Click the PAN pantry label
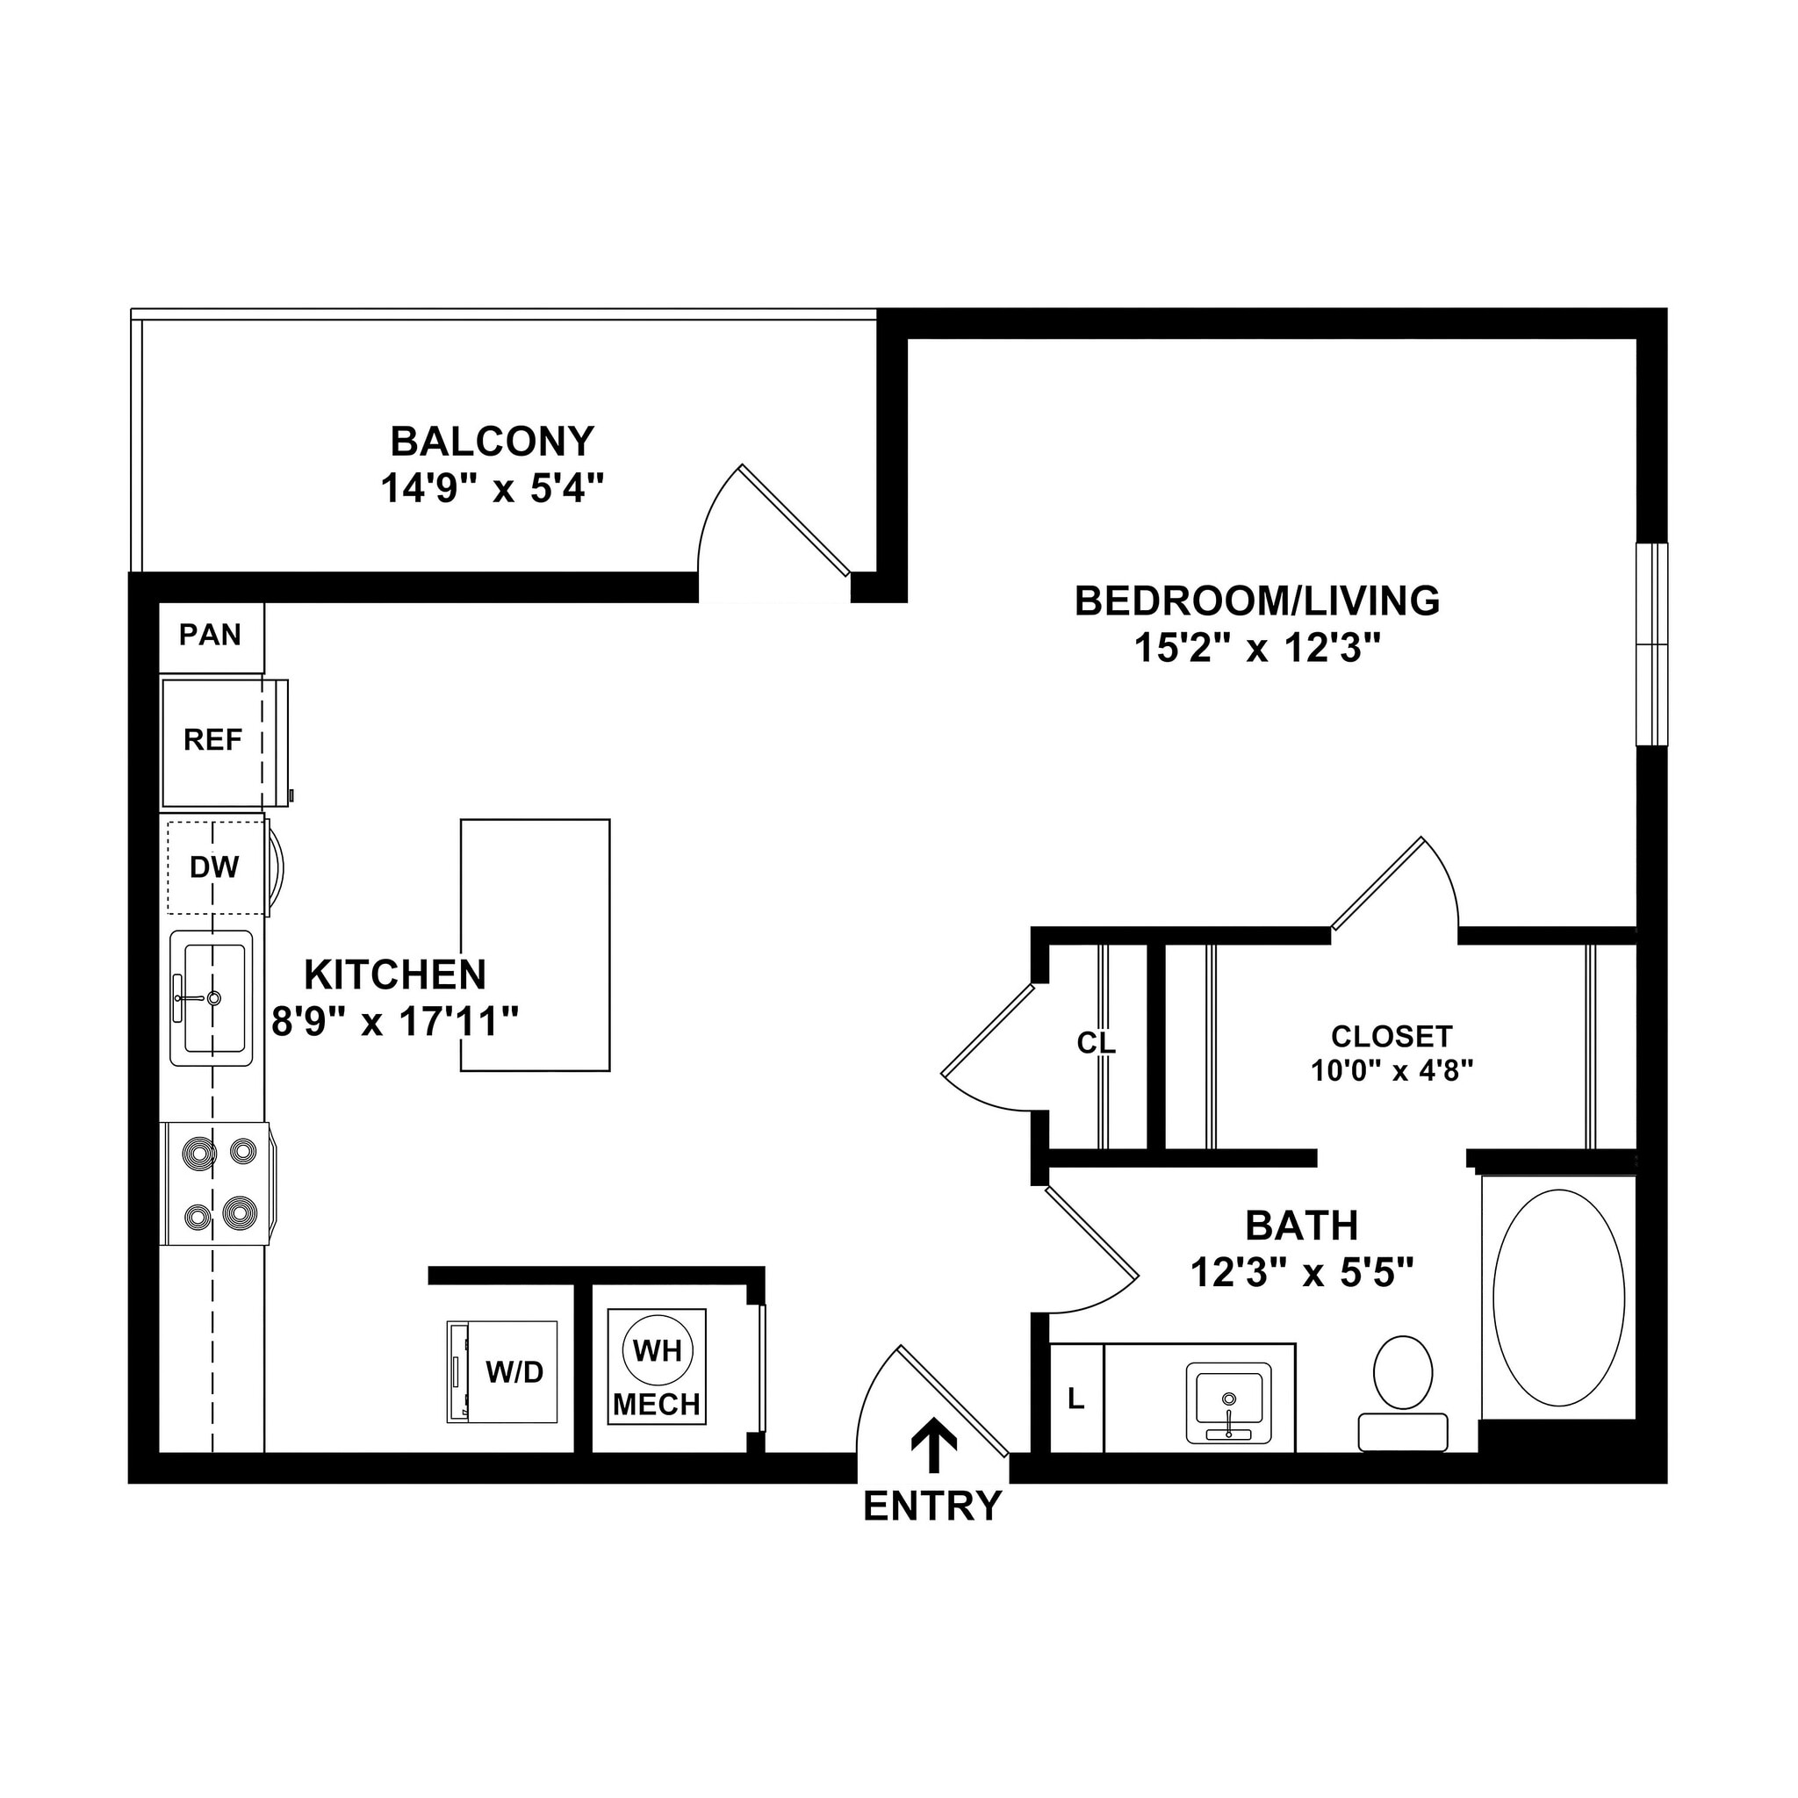tap(211, 636)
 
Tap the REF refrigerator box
tap(213, 742)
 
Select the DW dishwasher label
tap(214, 868)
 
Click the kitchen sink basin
tap(213, 998)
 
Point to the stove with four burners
tap(218, 1183)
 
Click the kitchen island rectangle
tap(536, 946)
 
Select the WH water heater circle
tap(657, 1350)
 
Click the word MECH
tap(657, 1405)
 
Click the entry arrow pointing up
tap(933, 1444)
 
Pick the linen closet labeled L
tap(1076, 1399)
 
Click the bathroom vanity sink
tap(1228, 1402)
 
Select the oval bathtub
tap(1558, 1298)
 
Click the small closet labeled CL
tap(1097, 1043)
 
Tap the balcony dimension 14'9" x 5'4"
tap(493, 489)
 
